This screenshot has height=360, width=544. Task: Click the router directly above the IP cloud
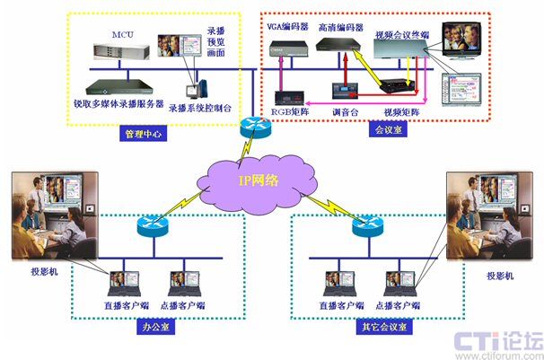point(255,128)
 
